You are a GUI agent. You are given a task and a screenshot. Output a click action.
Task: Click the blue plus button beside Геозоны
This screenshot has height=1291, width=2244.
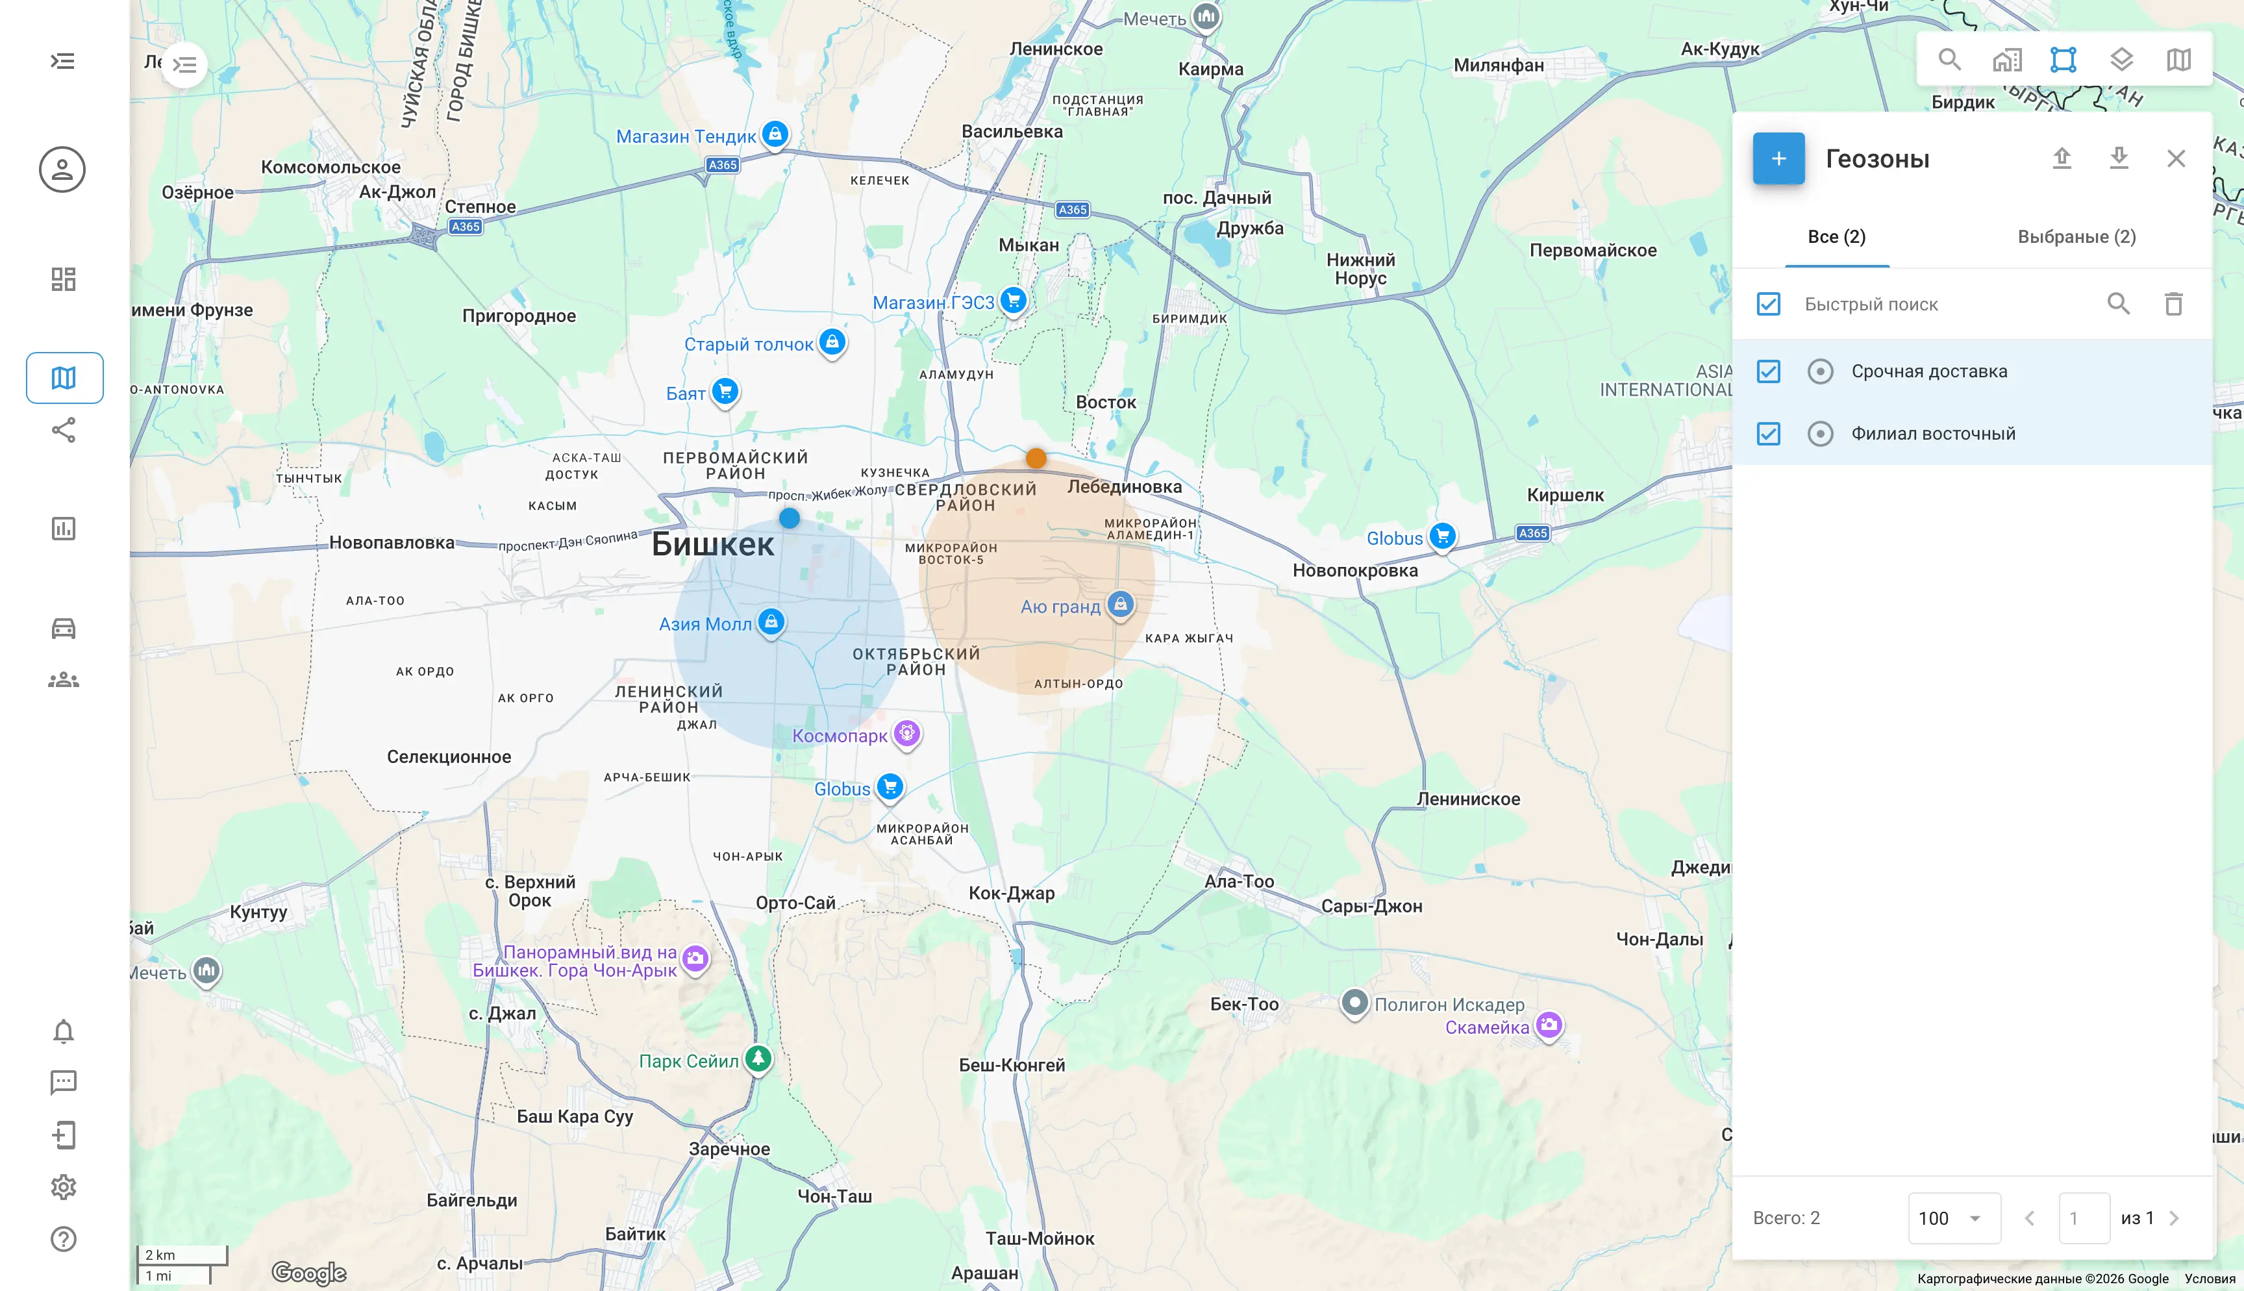[x=1778, y=158]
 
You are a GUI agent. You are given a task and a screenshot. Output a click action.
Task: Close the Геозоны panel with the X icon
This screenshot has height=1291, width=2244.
[x=2176, y=158]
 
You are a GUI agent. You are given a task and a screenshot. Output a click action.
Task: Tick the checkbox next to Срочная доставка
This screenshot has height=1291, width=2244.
[x=1768, y=371]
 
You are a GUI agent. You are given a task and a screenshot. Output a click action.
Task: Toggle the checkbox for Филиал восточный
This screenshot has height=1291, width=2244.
[x=1768, y=434]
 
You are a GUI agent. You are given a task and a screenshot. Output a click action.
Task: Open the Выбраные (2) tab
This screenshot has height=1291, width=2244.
[x=2076, y=237]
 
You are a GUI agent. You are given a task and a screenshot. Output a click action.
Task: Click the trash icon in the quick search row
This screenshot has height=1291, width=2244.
[x=2173, y=304]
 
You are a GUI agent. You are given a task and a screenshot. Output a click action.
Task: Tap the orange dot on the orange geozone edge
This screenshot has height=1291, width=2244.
[x=1035, y=458]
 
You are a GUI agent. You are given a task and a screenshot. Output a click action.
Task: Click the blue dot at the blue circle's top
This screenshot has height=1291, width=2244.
[x=789, y=518]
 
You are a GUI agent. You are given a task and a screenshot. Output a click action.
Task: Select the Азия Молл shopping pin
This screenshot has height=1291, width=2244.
[x=771, y=621]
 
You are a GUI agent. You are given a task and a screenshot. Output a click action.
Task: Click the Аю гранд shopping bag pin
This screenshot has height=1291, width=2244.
[x=1120, y=605]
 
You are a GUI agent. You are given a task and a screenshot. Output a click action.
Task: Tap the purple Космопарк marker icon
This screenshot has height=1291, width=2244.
[x=906, y=733]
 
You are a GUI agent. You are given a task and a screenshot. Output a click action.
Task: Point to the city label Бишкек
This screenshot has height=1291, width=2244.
[x=712, y=544]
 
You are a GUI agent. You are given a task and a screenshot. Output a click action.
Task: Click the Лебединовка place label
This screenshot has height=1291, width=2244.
[x=1124, y=487]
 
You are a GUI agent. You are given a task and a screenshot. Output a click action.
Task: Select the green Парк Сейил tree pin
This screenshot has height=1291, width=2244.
[x=758, y=1058]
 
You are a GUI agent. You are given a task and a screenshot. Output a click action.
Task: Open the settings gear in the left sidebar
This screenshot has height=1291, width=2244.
[x=63, y=1187]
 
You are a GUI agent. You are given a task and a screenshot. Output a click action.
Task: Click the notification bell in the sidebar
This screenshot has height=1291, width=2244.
[x=63, y=1031]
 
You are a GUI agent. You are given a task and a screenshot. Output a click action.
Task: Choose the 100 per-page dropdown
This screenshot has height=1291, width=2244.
[x=1953, y=1218]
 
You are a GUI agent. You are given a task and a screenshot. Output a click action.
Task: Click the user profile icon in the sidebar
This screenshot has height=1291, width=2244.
[x=62, y=169]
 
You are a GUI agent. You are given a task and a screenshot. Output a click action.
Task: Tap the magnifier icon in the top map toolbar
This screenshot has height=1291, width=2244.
[x=1949, y=59]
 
